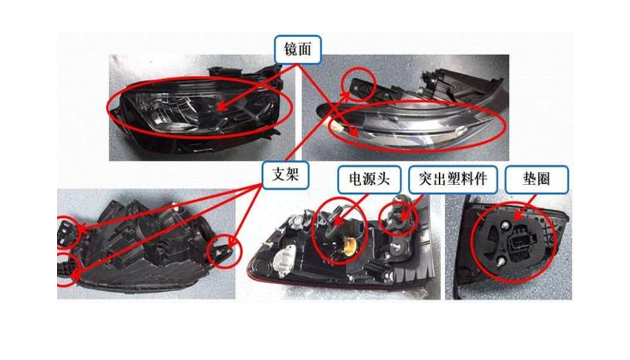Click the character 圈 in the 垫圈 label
click(543, 179)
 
